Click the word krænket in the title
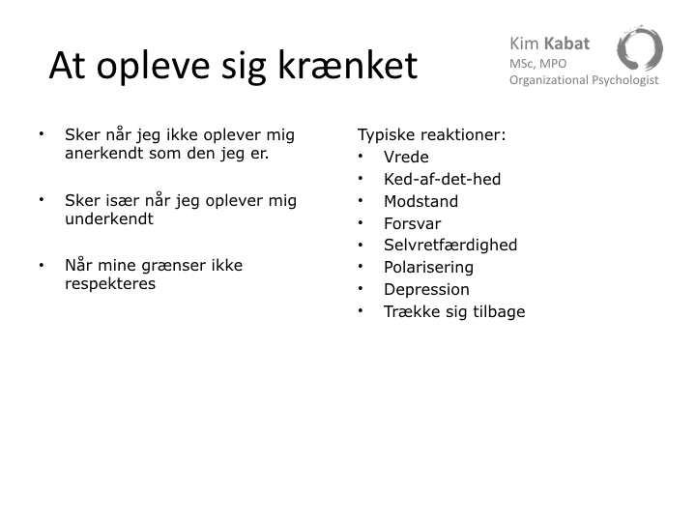[x=348, y=66]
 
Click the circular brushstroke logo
[x=640, y=48]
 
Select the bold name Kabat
[x=566, y=43]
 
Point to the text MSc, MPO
[x=538, y=64]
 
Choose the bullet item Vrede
[x=406, y=158]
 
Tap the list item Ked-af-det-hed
[x=442, y=180]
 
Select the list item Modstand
[x=420, y=201]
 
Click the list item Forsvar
[x=413, y=223]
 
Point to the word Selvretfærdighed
[x=450, y=245]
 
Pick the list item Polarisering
[x=429, y=268]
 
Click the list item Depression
[x=426, y=290]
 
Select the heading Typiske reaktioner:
[x=431, y=135]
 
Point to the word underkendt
[x=109, y=218]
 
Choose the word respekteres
[x=110, y=284]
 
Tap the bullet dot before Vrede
[x=361, y=157]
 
